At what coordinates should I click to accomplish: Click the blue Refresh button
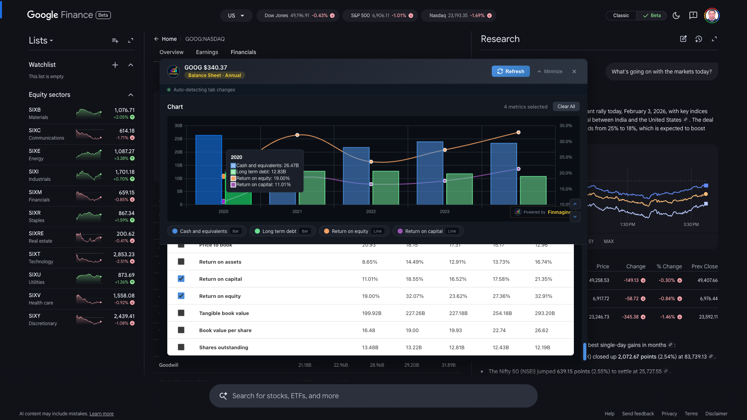click(x=510, y=71)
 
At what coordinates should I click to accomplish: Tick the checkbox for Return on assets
click(x=181, y=262)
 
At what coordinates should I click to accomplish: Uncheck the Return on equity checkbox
click(x=181, y=296)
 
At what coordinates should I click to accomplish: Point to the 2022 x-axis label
click(x=370, y=212)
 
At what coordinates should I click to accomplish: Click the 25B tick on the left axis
click(x=178, y=139)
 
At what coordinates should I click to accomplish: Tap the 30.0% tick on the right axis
click(x=565, y=142)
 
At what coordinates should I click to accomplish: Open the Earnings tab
click(x=207, y=52)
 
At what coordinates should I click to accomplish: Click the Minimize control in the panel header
click(x=550, y=72)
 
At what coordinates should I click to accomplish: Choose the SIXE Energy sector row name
click(x=35, y=151)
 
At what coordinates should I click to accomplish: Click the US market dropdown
click(x=236, y=16)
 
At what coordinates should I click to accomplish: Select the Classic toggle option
click(x=621, y=16)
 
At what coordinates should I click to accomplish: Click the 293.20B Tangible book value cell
click(x=545, y=313)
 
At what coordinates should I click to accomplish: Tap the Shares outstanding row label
click(x=223, y=347)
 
